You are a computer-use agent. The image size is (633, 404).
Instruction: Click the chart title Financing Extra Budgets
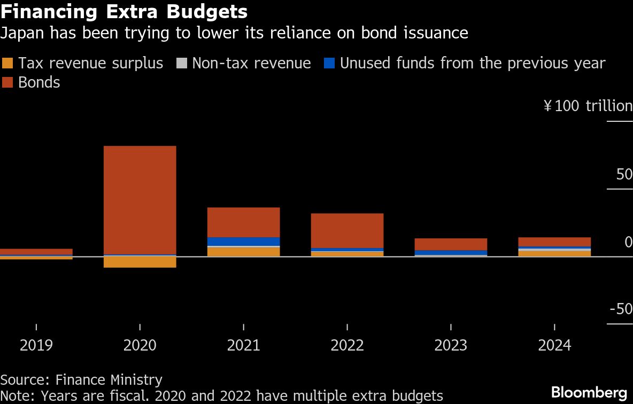pyautogui.click(x=124, y=12)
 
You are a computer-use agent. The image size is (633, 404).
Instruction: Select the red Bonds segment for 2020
pyautogui.click(x=140, y=200)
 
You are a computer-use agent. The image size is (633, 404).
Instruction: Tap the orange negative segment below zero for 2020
pyautogui.click(x=140, y=262)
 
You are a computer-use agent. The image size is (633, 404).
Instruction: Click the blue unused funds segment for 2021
pyautogui.click(x=243, y=242)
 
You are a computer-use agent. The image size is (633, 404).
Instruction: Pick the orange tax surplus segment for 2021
pyautogui.click(x=243, y=252)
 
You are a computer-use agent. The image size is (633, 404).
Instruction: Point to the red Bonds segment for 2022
pyautogui.click(x=347, y=230)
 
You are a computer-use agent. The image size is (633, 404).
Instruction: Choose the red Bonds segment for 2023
pyautogui.click(x=451, y=244)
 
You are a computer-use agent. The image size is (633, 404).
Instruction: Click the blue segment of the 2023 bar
pyautogui.click(x=451, y=253)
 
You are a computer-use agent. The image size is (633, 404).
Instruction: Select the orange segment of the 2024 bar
pyautogui.click(x=554, y=253)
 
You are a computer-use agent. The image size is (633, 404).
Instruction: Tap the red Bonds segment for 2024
pyautogui.click(x=554, y=242)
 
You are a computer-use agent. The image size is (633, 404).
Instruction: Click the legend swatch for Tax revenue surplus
pyautogui.click(x=7, y=64)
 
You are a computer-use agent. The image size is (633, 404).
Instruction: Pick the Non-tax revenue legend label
pyautogui.click(x=251, y=64)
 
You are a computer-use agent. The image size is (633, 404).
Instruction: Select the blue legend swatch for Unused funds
pyautogui.click(x=329, y=64)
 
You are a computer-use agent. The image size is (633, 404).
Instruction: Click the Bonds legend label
pyautogui.click(x=39, y=83)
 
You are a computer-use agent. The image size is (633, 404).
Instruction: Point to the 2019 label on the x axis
pyautogui.click(x=36, y=345)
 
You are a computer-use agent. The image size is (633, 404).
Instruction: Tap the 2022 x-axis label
pyautogui.click(x=347, y=345)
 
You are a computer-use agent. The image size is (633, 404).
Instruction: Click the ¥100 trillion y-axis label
pyautogui.click(x=588, y=106)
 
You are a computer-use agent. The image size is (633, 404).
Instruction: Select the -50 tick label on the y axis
pyautogui.click(x=621, y=309)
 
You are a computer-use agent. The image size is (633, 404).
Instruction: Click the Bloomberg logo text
pyautogui.click(x=589, y=392)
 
